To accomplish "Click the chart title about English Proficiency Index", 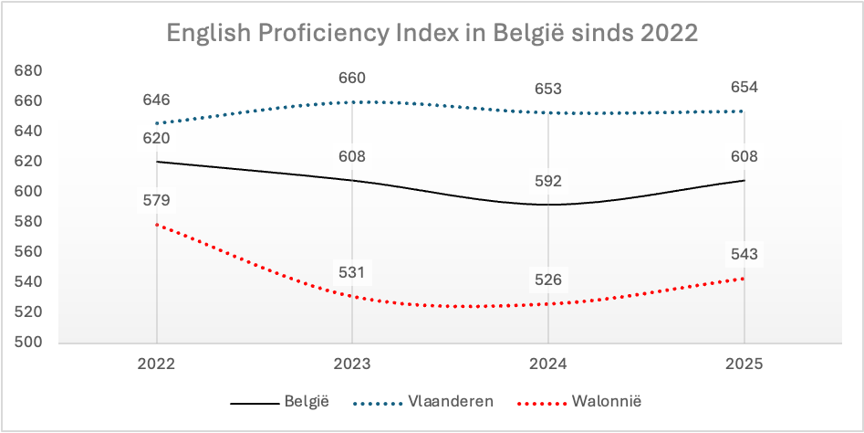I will pos(432,34).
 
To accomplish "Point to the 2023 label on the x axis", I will pos(352,363).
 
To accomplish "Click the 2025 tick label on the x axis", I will pos(743,363).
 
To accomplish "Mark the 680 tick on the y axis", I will pos(29,71).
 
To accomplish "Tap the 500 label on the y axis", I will pos(29,343).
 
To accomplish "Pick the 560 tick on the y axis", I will pos(29,252).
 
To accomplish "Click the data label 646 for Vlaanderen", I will pos(157,100).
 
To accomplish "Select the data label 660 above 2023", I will pos(352,78).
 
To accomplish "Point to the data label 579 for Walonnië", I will pos(157,200).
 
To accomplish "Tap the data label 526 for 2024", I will pos(547,280).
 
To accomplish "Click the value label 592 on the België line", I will pos(547,181).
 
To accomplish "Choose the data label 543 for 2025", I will pos(743,254).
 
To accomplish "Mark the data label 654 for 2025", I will pos(743,88).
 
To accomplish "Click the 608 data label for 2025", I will pos(743,156).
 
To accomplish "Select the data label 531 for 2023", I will pos(352,272).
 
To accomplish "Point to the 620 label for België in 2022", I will pos(157,138).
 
